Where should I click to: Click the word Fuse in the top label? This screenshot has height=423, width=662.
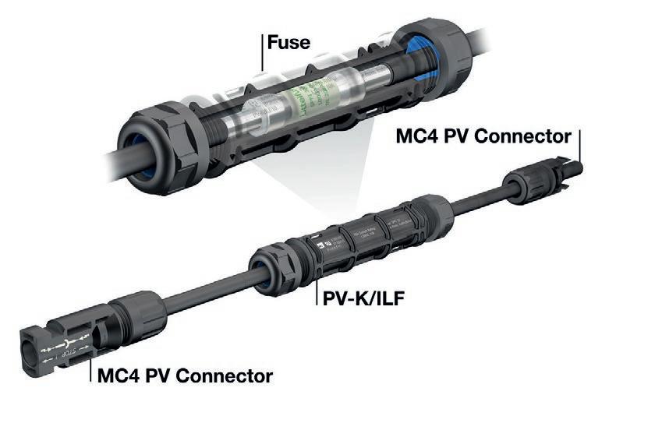tap(288, 41)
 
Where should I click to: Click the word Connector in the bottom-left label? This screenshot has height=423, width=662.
tap(226, 376)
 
